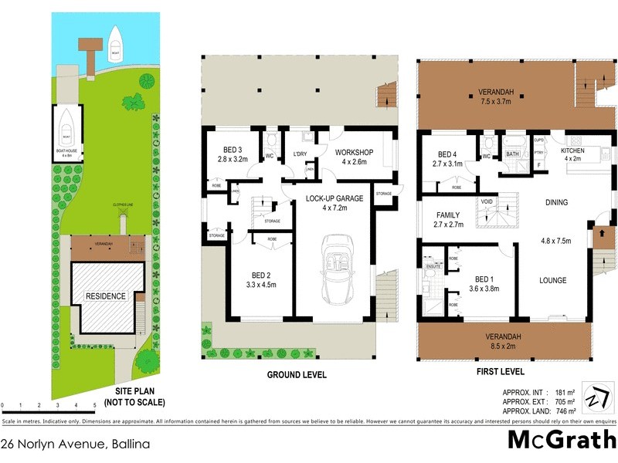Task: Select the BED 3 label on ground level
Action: tap(233, 149)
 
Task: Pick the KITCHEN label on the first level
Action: tap(572, 150)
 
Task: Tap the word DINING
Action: tap(555, 203)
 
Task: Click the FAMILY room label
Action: tap(448, 215)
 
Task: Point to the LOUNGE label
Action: tap(553, 280)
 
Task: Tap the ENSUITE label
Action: tap(433, 265)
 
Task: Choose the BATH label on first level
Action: tap(513, 154)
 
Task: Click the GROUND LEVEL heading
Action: tap(297, 375)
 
